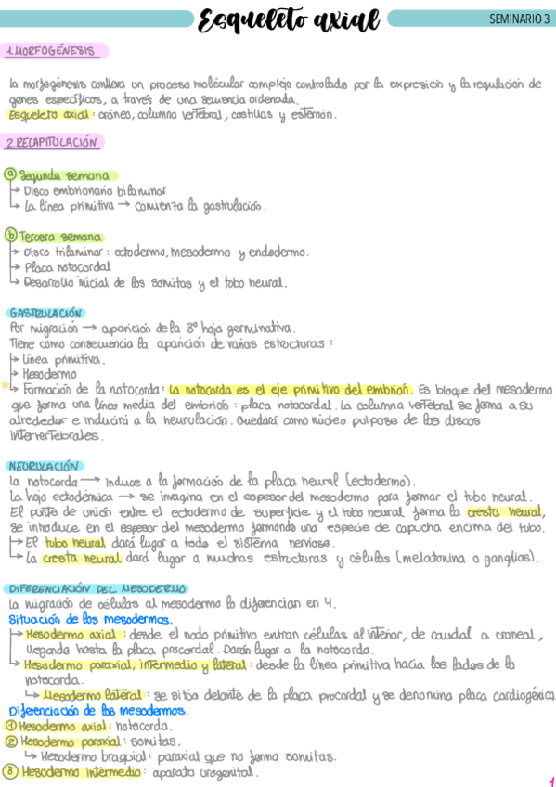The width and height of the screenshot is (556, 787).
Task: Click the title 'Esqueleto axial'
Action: tap(289, 19)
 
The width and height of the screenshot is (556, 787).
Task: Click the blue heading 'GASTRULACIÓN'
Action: tap(45, 314)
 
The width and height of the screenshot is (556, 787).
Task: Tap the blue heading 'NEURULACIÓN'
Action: tap(43, 466)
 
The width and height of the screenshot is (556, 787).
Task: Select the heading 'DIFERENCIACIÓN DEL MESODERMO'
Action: tap(97, 588)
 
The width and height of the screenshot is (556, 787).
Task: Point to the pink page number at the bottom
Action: tap(550, 781)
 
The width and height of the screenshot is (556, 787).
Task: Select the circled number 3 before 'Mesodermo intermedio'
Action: tap(10, 771)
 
